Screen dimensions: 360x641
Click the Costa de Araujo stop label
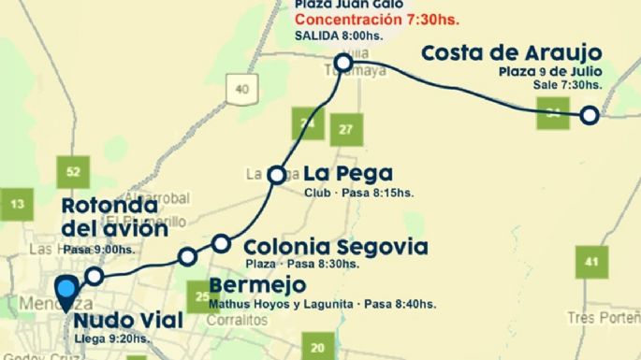point(512,53)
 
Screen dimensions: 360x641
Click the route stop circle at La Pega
point(277,175)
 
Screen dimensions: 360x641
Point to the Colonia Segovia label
point(336,248)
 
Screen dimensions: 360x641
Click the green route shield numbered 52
point(74,171)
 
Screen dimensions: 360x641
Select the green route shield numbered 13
point(17,203)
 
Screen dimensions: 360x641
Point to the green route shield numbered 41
point(590,261)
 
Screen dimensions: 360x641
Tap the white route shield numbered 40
point(243,89)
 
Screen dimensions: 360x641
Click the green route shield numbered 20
point(318,348)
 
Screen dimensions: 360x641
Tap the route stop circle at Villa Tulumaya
point(343,63)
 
